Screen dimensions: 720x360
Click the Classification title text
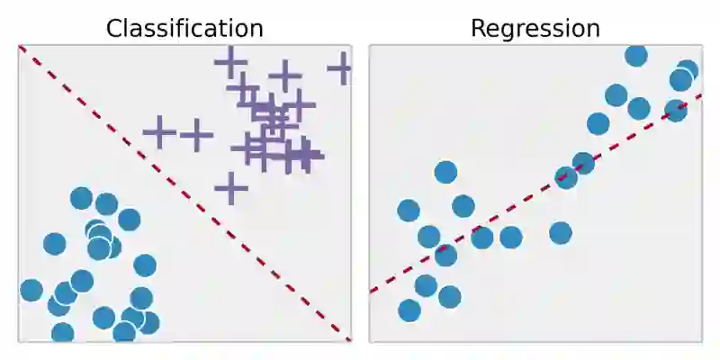click(x=184, y=28)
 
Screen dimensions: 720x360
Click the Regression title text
click(x=535, y=28)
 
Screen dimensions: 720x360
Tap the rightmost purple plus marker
click(x=340, y=68)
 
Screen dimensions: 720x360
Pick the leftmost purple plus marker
click(x=159, y=132)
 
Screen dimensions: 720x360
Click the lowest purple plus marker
click(x=231, y=189)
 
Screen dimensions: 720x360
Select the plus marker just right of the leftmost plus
click(x=195, y=135)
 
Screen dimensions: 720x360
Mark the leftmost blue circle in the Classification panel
click(x=31, y=290)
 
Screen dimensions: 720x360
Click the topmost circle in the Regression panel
click(x=636, y=56)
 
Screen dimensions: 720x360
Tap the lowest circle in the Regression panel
click(x=409, y=310)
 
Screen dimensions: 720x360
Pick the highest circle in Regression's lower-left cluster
click(x=445, y=172)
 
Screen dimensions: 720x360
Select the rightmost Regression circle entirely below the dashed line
click(x=561, y=233)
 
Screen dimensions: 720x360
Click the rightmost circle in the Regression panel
click(x=687, y=71)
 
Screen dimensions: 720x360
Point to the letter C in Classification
click(x=114, y=29)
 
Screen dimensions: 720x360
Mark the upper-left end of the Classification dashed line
click(x=20, y=47)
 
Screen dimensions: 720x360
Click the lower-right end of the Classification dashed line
click(x=349, y=339)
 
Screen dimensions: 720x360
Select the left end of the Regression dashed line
click(x=371, y=292)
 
